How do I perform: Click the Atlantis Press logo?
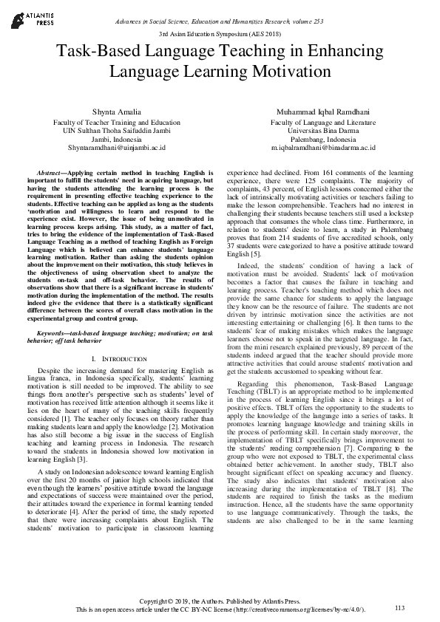point(29,17)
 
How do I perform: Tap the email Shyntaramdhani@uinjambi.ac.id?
point(116,148)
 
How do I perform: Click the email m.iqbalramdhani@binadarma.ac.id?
point(323,148)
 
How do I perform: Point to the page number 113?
point(400,607)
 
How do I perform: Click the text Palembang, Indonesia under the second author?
point(323,139)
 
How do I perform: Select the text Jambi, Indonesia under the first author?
point(116,139)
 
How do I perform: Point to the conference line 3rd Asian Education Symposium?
point(220,35)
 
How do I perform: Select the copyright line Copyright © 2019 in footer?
point(220,600)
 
